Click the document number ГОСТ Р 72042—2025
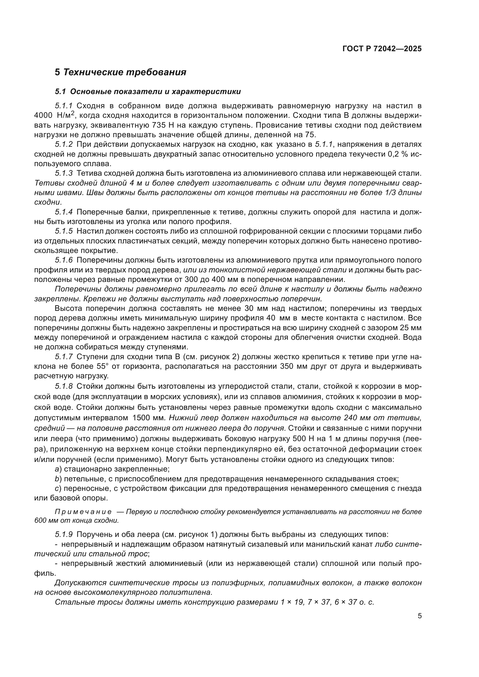point(382,49)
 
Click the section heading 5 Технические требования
point(120,72)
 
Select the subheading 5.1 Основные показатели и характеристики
point(148,91)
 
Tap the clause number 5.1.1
point(64,106)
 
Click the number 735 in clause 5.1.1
point(160,125)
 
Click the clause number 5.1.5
point(64,231)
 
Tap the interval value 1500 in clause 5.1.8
point(142,418)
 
